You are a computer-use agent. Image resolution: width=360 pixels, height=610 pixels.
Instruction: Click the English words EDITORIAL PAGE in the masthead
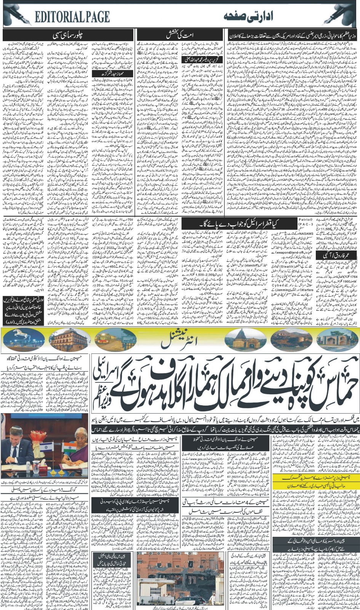[x=72, y=16]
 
